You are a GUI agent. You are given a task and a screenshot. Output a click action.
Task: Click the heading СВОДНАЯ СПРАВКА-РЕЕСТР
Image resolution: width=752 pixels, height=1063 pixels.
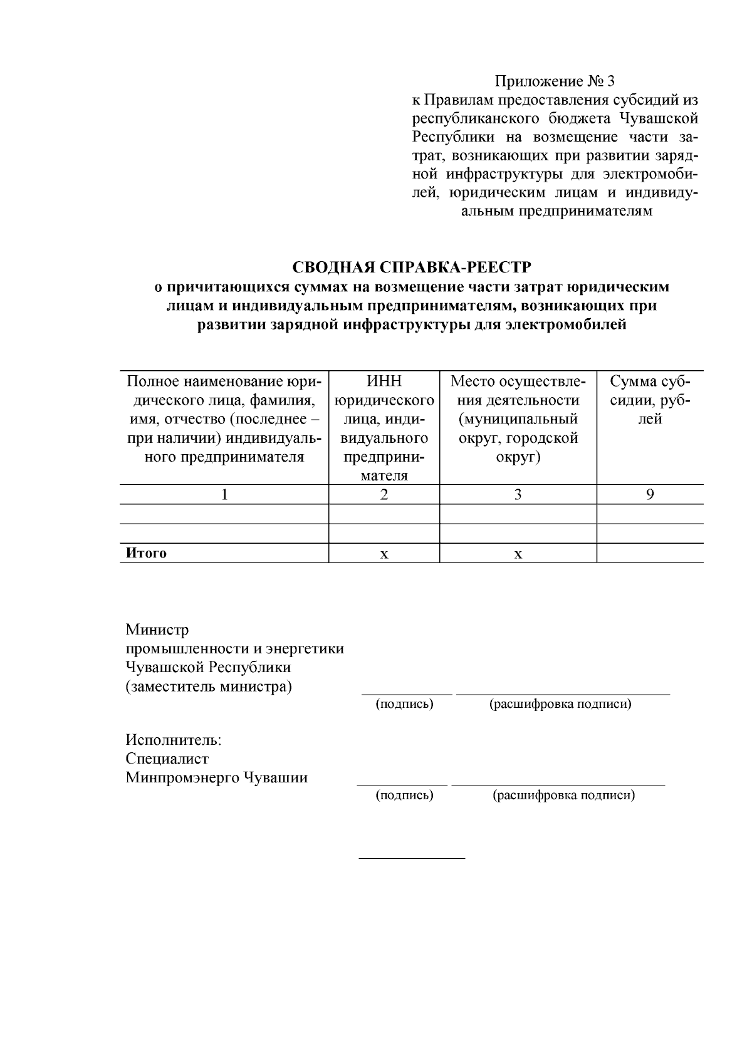(412, 268)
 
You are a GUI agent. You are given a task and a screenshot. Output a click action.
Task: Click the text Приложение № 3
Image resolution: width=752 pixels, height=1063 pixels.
(555, 81)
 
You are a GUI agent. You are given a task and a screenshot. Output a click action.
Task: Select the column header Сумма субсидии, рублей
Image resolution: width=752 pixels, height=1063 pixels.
(650, 400)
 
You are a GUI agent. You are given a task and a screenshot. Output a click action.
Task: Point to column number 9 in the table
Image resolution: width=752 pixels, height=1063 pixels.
(650, 495)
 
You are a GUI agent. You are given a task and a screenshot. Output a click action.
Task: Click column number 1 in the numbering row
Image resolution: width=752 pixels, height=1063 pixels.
(224, 495)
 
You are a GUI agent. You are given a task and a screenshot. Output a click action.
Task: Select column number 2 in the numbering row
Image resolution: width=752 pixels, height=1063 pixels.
(384, 495)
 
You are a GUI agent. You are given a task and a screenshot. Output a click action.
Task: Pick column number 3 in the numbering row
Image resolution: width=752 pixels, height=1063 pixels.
(518, 495)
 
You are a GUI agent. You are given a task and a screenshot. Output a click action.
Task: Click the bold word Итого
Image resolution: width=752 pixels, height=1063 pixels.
(147, 553)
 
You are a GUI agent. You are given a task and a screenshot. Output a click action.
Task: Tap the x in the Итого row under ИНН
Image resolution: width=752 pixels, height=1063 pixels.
(384, 554)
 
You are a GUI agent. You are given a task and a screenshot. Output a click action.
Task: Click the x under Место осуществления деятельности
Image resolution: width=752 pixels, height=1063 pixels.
(518, 554)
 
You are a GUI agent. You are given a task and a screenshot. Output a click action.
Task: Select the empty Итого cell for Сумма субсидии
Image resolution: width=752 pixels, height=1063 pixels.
(650, 553)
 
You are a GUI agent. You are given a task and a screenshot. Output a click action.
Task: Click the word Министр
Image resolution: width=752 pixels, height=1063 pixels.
(157, 630)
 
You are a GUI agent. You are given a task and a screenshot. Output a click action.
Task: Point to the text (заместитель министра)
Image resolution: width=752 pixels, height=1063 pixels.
(209, 687)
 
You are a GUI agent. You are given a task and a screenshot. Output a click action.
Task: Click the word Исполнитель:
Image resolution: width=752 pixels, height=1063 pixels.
(174, 740)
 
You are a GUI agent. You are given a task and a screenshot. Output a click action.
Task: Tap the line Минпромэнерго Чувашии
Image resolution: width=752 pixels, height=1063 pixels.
(217, 778)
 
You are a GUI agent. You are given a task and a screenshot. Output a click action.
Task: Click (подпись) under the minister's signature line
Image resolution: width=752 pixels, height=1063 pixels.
(405, 704)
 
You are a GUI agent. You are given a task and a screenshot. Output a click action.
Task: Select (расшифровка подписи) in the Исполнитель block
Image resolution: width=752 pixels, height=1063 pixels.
(563, 796)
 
